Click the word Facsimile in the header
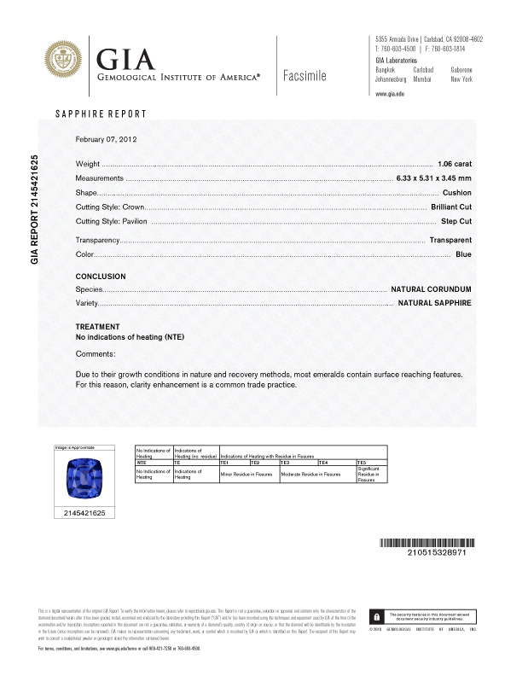click(x=303, y=75)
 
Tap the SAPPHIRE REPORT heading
click(x=101, y=114)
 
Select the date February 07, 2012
click(x=107, y=139)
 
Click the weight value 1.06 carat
click(x=454, y=162)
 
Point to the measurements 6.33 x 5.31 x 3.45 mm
click(x=433, y=178)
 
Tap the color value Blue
click(x=463, y=254)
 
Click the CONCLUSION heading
click(x=101, y=277)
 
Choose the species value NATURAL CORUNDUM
click(x=431, y=290)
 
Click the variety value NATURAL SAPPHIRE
click(x=435, y=303)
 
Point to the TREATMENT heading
click(x=98, y=327)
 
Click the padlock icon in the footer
click(x=376, y=615)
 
